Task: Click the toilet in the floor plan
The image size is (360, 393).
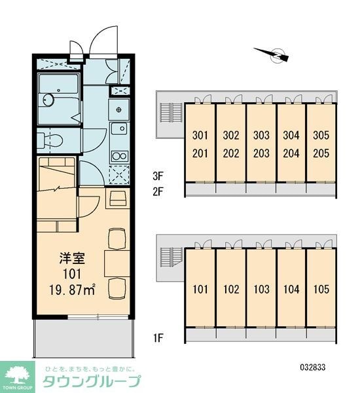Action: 51,140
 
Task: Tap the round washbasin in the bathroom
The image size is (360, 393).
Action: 48,100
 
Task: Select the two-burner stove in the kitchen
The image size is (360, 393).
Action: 120,156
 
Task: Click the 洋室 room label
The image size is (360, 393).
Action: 72,259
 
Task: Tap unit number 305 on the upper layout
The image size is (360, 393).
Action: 321,135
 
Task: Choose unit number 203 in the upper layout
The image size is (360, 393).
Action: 261,153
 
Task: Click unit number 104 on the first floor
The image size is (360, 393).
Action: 291,290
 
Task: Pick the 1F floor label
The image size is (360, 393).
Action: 158,338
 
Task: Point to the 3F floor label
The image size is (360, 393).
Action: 158,176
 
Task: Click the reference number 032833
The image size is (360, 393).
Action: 313,367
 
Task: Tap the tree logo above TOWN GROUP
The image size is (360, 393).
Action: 17,375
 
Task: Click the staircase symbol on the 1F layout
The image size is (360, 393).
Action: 171,257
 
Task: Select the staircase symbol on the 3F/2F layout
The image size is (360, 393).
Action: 171,113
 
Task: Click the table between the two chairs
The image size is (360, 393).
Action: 117,263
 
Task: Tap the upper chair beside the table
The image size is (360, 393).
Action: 117,239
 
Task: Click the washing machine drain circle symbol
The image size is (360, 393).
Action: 119,109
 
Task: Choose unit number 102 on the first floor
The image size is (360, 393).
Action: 231,290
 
